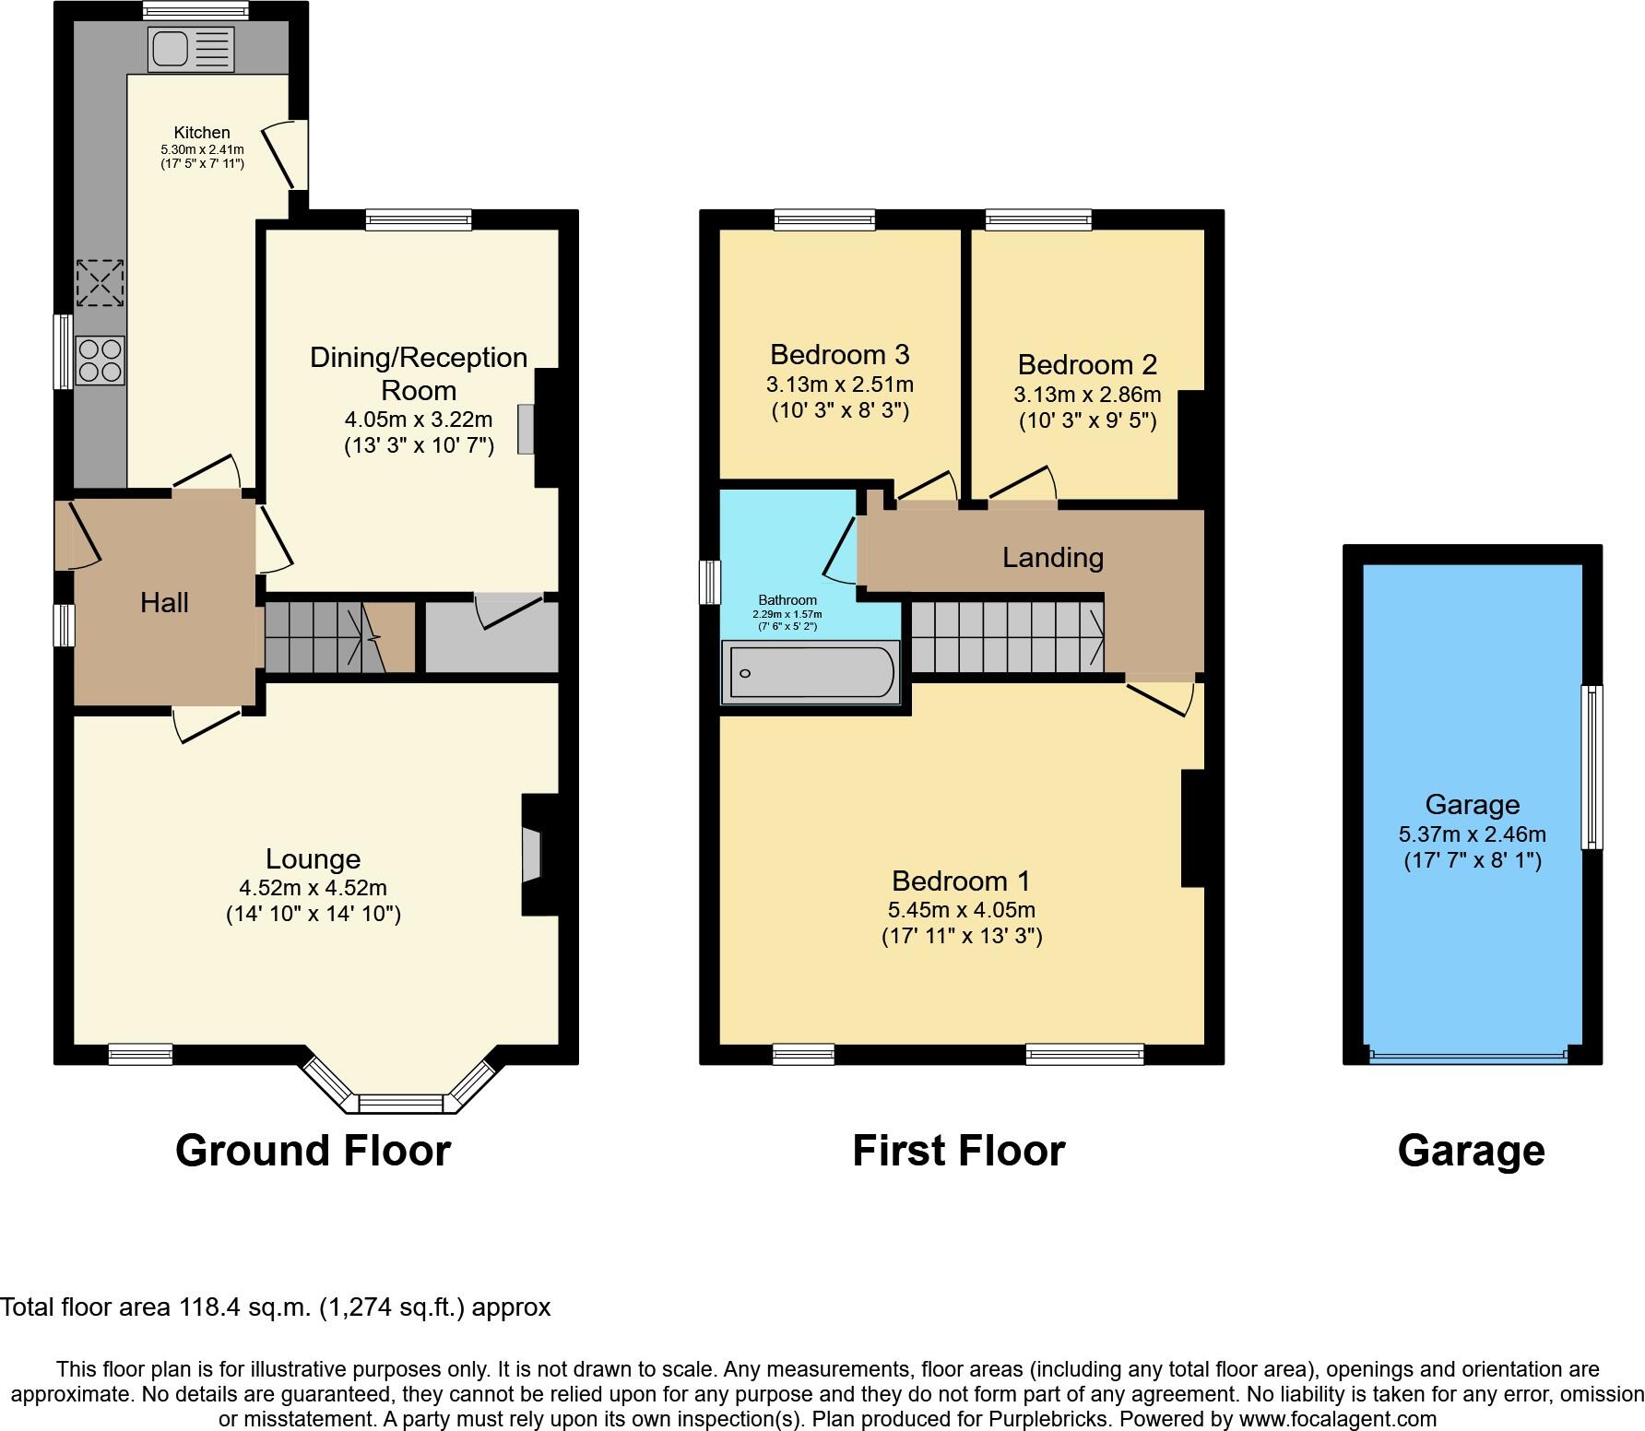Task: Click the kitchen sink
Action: (191, 49)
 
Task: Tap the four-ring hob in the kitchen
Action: (101, 361)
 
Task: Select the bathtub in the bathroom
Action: (812, 673)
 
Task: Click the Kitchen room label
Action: (202, 133)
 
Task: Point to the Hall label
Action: (164, 603)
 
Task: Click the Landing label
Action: (1053, 558)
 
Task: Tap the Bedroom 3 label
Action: (840, 354)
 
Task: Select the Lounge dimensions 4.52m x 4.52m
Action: (314, 888)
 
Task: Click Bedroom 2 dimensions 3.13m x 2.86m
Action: (1088, 395)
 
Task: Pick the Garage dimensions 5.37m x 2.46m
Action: (1473, 834)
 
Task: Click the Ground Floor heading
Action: (314, 1151)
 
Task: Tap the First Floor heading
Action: (959, 1151)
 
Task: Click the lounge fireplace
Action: (532, 856)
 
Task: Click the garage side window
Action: (1592, 767)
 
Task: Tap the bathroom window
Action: (709, 583)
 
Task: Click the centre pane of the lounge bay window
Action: (401, 1103)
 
